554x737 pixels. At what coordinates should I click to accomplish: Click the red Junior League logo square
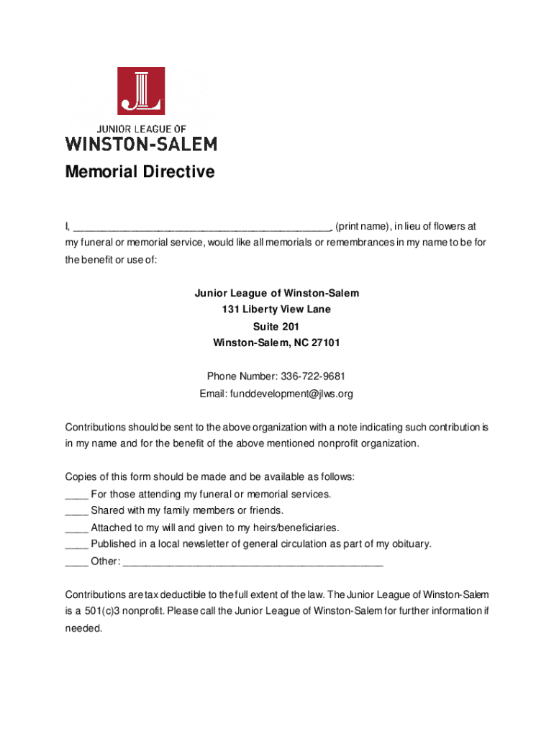tap(141, 90)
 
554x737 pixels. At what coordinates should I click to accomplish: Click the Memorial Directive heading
tap(140, 172)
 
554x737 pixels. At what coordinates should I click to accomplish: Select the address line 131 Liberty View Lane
tap(276, 309)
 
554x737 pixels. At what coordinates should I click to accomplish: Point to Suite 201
tap(276, 326)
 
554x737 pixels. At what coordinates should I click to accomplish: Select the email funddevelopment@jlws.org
tap(291, 394)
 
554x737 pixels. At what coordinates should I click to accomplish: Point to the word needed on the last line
tap(84, 628)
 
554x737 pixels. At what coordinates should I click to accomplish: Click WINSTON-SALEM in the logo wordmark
tap(141, 143)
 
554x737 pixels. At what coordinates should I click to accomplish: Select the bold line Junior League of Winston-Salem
tap(276, 293)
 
